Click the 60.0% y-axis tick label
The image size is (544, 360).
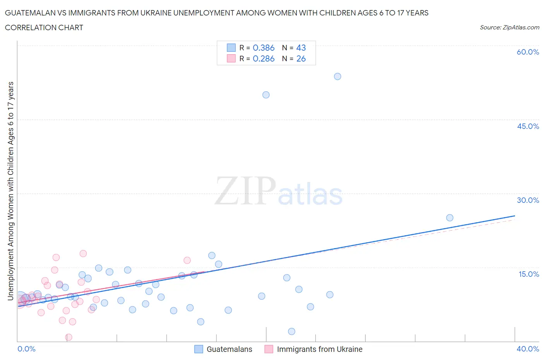pos(528,52)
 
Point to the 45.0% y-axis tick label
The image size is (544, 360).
pos(528,126)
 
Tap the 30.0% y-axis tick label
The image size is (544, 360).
pos(528,200)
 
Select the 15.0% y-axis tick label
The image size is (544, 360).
pos(529,274)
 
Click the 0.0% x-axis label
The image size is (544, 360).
pos(26,349)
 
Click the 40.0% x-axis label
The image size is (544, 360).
pos(528,349)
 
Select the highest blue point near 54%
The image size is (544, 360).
pos(337,76)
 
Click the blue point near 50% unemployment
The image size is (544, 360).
pos(266,95)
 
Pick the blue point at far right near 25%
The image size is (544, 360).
pos(450,218)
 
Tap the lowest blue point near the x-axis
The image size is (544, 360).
pos(292,331)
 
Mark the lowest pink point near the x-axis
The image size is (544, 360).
pos(68,337)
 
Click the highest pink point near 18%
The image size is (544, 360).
pos(83,254)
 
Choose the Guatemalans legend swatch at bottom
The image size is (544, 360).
pos(198,349)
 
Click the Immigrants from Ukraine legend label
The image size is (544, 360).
pos(320,349)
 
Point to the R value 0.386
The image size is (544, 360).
pos(263,48)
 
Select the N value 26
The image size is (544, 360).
pos(301,58)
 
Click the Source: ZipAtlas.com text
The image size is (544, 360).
pos(509,27)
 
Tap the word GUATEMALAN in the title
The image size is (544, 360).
pos(29,13)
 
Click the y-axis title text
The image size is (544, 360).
pos(10,191)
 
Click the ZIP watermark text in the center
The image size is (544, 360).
pos(245,191)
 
